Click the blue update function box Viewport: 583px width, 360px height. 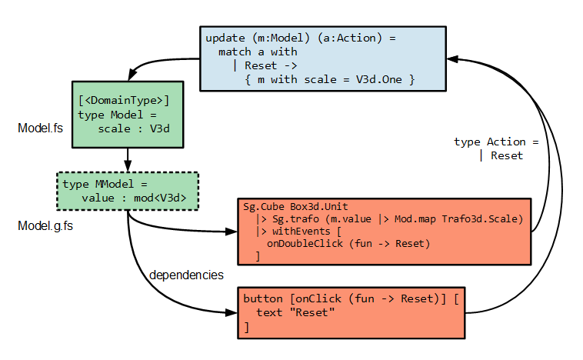click(323, 58)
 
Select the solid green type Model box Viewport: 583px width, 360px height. click(128, 114)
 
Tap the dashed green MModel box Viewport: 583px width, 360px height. click(128, 191)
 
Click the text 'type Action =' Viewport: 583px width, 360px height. click(495, 142)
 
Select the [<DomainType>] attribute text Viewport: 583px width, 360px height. click(124, 100)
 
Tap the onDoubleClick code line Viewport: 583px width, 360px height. click(348, 244)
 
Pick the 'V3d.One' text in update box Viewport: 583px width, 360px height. click(381, 79)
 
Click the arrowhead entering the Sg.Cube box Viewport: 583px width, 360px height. click(232, 232)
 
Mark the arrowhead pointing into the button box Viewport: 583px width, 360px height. click(232, 313)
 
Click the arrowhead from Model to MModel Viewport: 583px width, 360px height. click(128, 167)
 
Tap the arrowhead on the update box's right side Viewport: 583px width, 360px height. click(453, 58)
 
